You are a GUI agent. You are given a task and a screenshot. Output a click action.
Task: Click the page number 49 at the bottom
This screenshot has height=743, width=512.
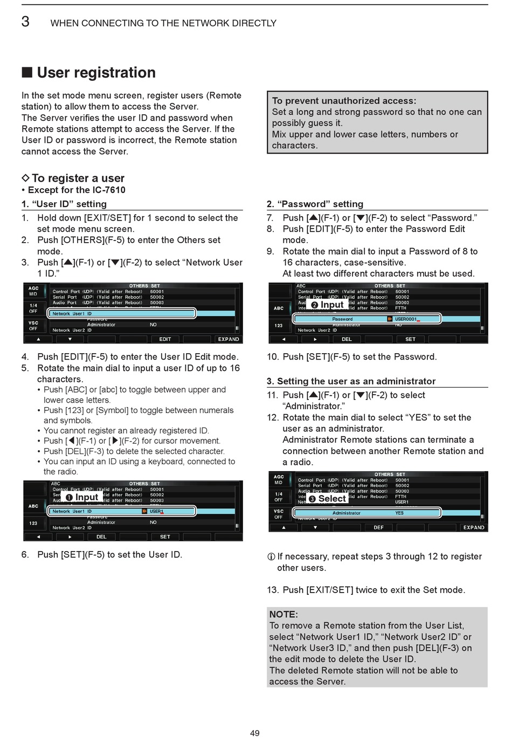[x=255, y=733]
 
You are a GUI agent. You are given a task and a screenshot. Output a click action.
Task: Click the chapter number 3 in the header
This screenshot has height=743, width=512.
[x=25, y=22]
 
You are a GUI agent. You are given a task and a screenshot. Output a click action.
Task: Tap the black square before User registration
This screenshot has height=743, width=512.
[x=27, y=73]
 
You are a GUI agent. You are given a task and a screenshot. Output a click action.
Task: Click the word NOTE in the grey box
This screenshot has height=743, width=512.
[x=283, y=614]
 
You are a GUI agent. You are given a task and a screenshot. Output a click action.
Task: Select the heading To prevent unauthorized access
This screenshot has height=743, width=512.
[x=344, y=101]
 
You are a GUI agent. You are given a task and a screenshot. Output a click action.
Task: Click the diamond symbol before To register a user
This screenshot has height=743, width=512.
[x=25, y=178]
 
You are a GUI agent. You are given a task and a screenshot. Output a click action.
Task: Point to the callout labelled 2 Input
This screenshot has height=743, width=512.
[x=327, y=305]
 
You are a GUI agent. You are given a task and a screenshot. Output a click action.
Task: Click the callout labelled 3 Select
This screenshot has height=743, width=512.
[x=327, y=499]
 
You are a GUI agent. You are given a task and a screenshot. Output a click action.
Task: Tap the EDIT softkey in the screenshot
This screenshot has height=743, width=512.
[x=165, y=339]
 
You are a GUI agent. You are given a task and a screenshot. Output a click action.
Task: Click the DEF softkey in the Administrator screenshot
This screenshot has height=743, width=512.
[x=378, y=527]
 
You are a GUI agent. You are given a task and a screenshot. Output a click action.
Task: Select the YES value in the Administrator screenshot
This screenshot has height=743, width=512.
[x=399, y=513]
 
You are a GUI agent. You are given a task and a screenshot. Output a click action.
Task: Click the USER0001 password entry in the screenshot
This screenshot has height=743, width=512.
[x=406, y=319]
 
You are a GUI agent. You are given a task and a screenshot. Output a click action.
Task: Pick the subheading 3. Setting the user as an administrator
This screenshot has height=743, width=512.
[x=351, y=381]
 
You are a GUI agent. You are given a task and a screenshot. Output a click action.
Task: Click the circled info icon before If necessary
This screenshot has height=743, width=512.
[x=271, y=557]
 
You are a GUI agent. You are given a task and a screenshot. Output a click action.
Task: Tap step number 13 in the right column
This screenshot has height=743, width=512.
[x=272, y=590]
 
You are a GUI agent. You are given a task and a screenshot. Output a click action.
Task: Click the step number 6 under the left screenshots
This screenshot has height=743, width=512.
[x=25, y=554]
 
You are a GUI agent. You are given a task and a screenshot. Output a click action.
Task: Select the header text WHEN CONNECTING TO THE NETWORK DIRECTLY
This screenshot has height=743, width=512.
[x=163, y=23]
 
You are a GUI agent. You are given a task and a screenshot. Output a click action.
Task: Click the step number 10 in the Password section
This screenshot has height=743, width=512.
[x=272, y=357]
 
